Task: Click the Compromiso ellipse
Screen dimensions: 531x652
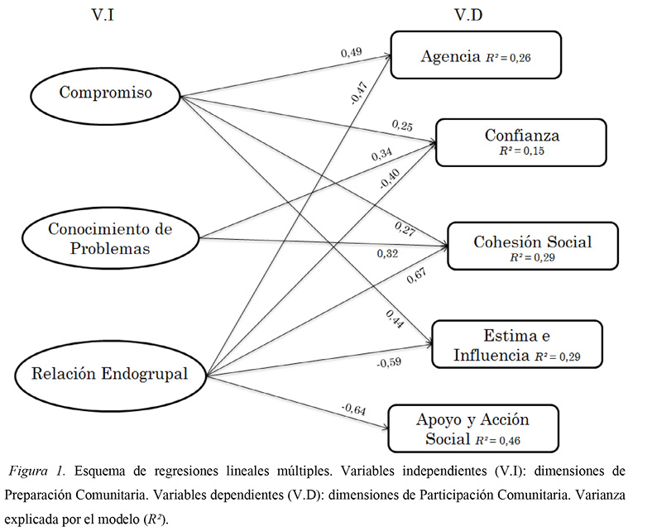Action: coord(105,93)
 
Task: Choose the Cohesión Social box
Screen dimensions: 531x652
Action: coord(532,245)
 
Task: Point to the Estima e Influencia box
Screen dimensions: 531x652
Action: coord(515,345)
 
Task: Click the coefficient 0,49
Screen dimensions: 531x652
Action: coord(352,53)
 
